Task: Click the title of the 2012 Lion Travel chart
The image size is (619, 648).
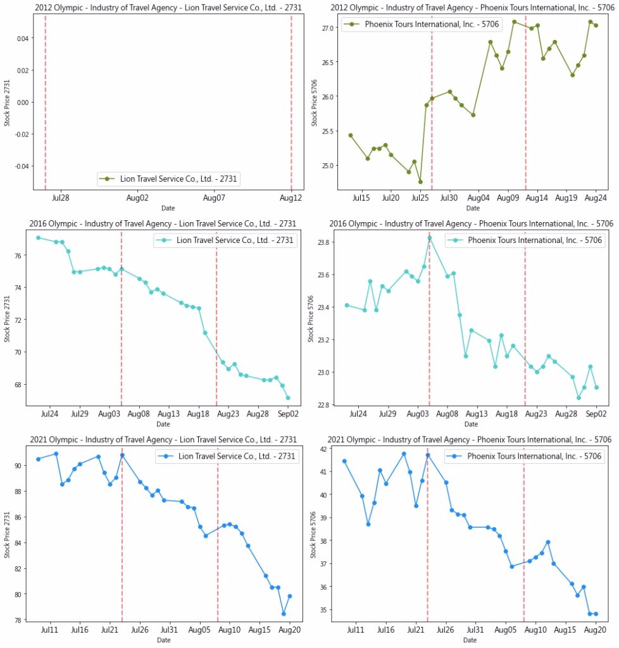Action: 168,7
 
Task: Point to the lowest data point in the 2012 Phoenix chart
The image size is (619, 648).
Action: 420,182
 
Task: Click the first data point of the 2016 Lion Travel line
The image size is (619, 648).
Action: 39,238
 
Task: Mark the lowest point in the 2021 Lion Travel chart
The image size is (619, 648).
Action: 284,614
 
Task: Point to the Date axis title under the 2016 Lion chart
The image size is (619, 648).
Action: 163,424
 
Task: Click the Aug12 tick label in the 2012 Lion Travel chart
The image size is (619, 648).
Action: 291,198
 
